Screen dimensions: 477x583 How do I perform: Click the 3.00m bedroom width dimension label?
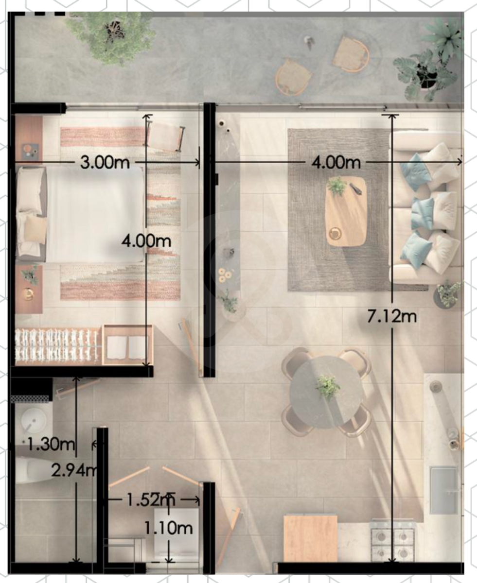(105, 162)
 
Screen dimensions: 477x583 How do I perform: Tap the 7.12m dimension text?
(392, 316)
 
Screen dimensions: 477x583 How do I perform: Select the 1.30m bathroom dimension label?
(51, 445)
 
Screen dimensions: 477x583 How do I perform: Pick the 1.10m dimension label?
(169, 529)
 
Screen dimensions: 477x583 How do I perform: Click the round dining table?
(326, 392)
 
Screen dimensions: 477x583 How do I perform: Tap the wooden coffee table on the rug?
(346, 211)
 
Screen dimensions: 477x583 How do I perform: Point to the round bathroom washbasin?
(34, 421)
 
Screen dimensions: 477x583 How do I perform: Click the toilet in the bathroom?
(31, 470)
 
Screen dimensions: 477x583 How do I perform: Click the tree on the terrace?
(111, 36)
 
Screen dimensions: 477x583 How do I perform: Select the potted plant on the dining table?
(328, 387)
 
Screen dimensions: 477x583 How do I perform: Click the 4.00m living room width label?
(336, 162)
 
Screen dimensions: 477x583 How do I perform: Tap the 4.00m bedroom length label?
(146, 241)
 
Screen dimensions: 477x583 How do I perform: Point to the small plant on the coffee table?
(337, 186)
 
